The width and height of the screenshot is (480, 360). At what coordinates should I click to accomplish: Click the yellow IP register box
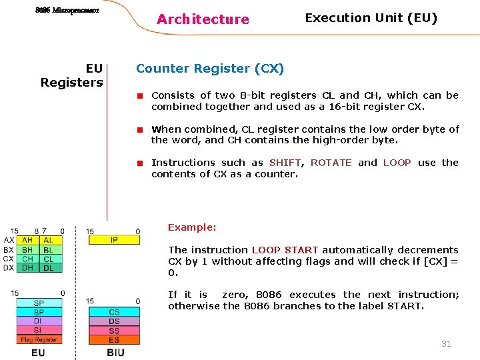click(x=113, y=240)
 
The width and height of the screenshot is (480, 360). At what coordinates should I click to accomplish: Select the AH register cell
click(x=27, y=240)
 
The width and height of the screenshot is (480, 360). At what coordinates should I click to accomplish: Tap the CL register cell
click(x=49, y=259)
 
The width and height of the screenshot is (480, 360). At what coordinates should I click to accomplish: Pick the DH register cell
click(x=27, y=268)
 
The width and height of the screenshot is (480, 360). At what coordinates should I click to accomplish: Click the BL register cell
click(x=49, y=249)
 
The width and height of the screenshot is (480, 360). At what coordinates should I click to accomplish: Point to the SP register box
click(x=39, y=303)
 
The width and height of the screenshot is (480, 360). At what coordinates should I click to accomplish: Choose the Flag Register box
click(x=39, y=340)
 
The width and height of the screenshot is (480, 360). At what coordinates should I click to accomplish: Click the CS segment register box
click(x=114, y=312)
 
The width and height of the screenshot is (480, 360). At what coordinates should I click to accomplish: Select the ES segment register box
click(x=114, y=340)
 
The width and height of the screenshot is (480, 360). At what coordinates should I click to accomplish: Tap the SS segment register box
click(x=114, y=331)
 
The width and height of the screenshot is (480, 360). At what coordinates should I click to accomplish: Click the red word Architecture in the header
click(x=203, y=19)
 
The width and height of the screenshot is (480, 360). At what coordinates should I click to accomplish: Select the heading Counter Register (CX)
click(x=210, y=68)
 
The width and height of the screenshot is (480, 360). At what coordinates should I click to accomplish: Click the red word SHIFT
click(x=285, y=163)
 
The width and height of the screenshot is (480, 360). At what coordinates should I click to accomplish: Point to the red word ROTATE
click(x=331, y=163)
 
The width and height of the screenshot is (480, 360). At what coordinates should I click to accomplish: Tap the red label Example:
click(x=192, y=227)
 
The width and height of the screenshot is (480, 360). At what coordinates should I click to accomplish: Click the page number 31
click(x=446, y=343)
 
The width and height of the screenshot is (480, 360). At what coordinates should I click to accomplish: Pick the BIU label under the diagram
click(x=115, y=353)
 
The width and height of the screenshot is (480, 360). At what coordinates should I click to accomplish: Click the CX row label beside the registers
click(x=8, y=259)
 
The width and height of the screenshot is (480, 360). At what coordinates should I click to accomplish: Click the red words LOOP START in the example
click(x=285, y=250)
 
